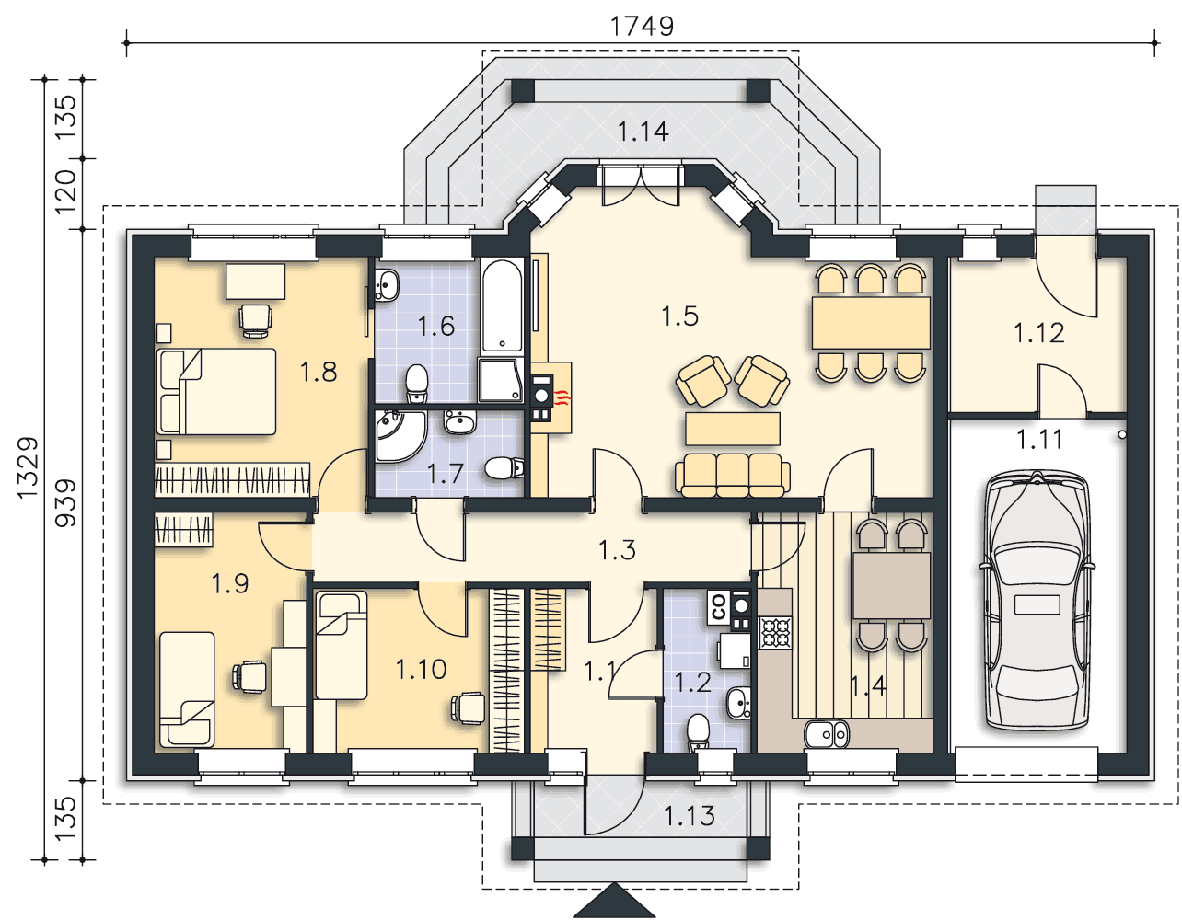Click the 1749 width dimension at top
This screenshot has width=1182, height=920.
pyautogui.click(x=642, y=26)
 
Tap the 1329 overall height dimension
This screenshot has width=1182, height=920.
pyautogui.click(x=28, y=467)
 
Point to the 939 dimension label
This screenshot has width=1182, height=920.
pyautogui.click(x=65, y=502)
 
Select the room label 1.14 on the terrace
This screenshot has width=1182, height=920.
pyautogui.click(x=643, y=132)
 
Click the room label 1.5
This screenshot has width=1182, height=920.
pyautogui.click(x=680, y=316)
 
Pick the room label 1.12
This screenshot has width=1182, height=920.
pyautogui.click(x=1039, y=333)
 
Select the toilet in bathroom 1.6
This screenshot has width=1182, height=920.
pyautogui.click(x=417, y=384)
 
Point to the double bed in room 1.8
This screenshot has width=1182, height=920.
pyautogui.click(x=216, y=391)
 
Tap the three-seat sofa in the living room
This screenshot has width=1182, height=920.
pyautogui.click(x=733, y=475)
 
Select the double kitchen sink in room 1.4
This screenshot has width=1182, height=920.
pyautogui.click(x=827, y=735)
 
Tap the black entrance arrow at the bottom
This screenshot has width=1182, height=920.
pyautogui.click(x=615, y=902)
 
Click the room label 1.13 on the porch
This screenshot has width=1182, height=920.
pyautogui.click(x=689, y=816)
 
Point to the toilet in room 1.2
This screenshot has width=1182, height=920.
pyautogui.click(x=698, y=732)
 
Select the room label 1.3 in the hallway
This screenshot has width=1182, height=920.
pyautogui.click(x=617, y=550)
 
